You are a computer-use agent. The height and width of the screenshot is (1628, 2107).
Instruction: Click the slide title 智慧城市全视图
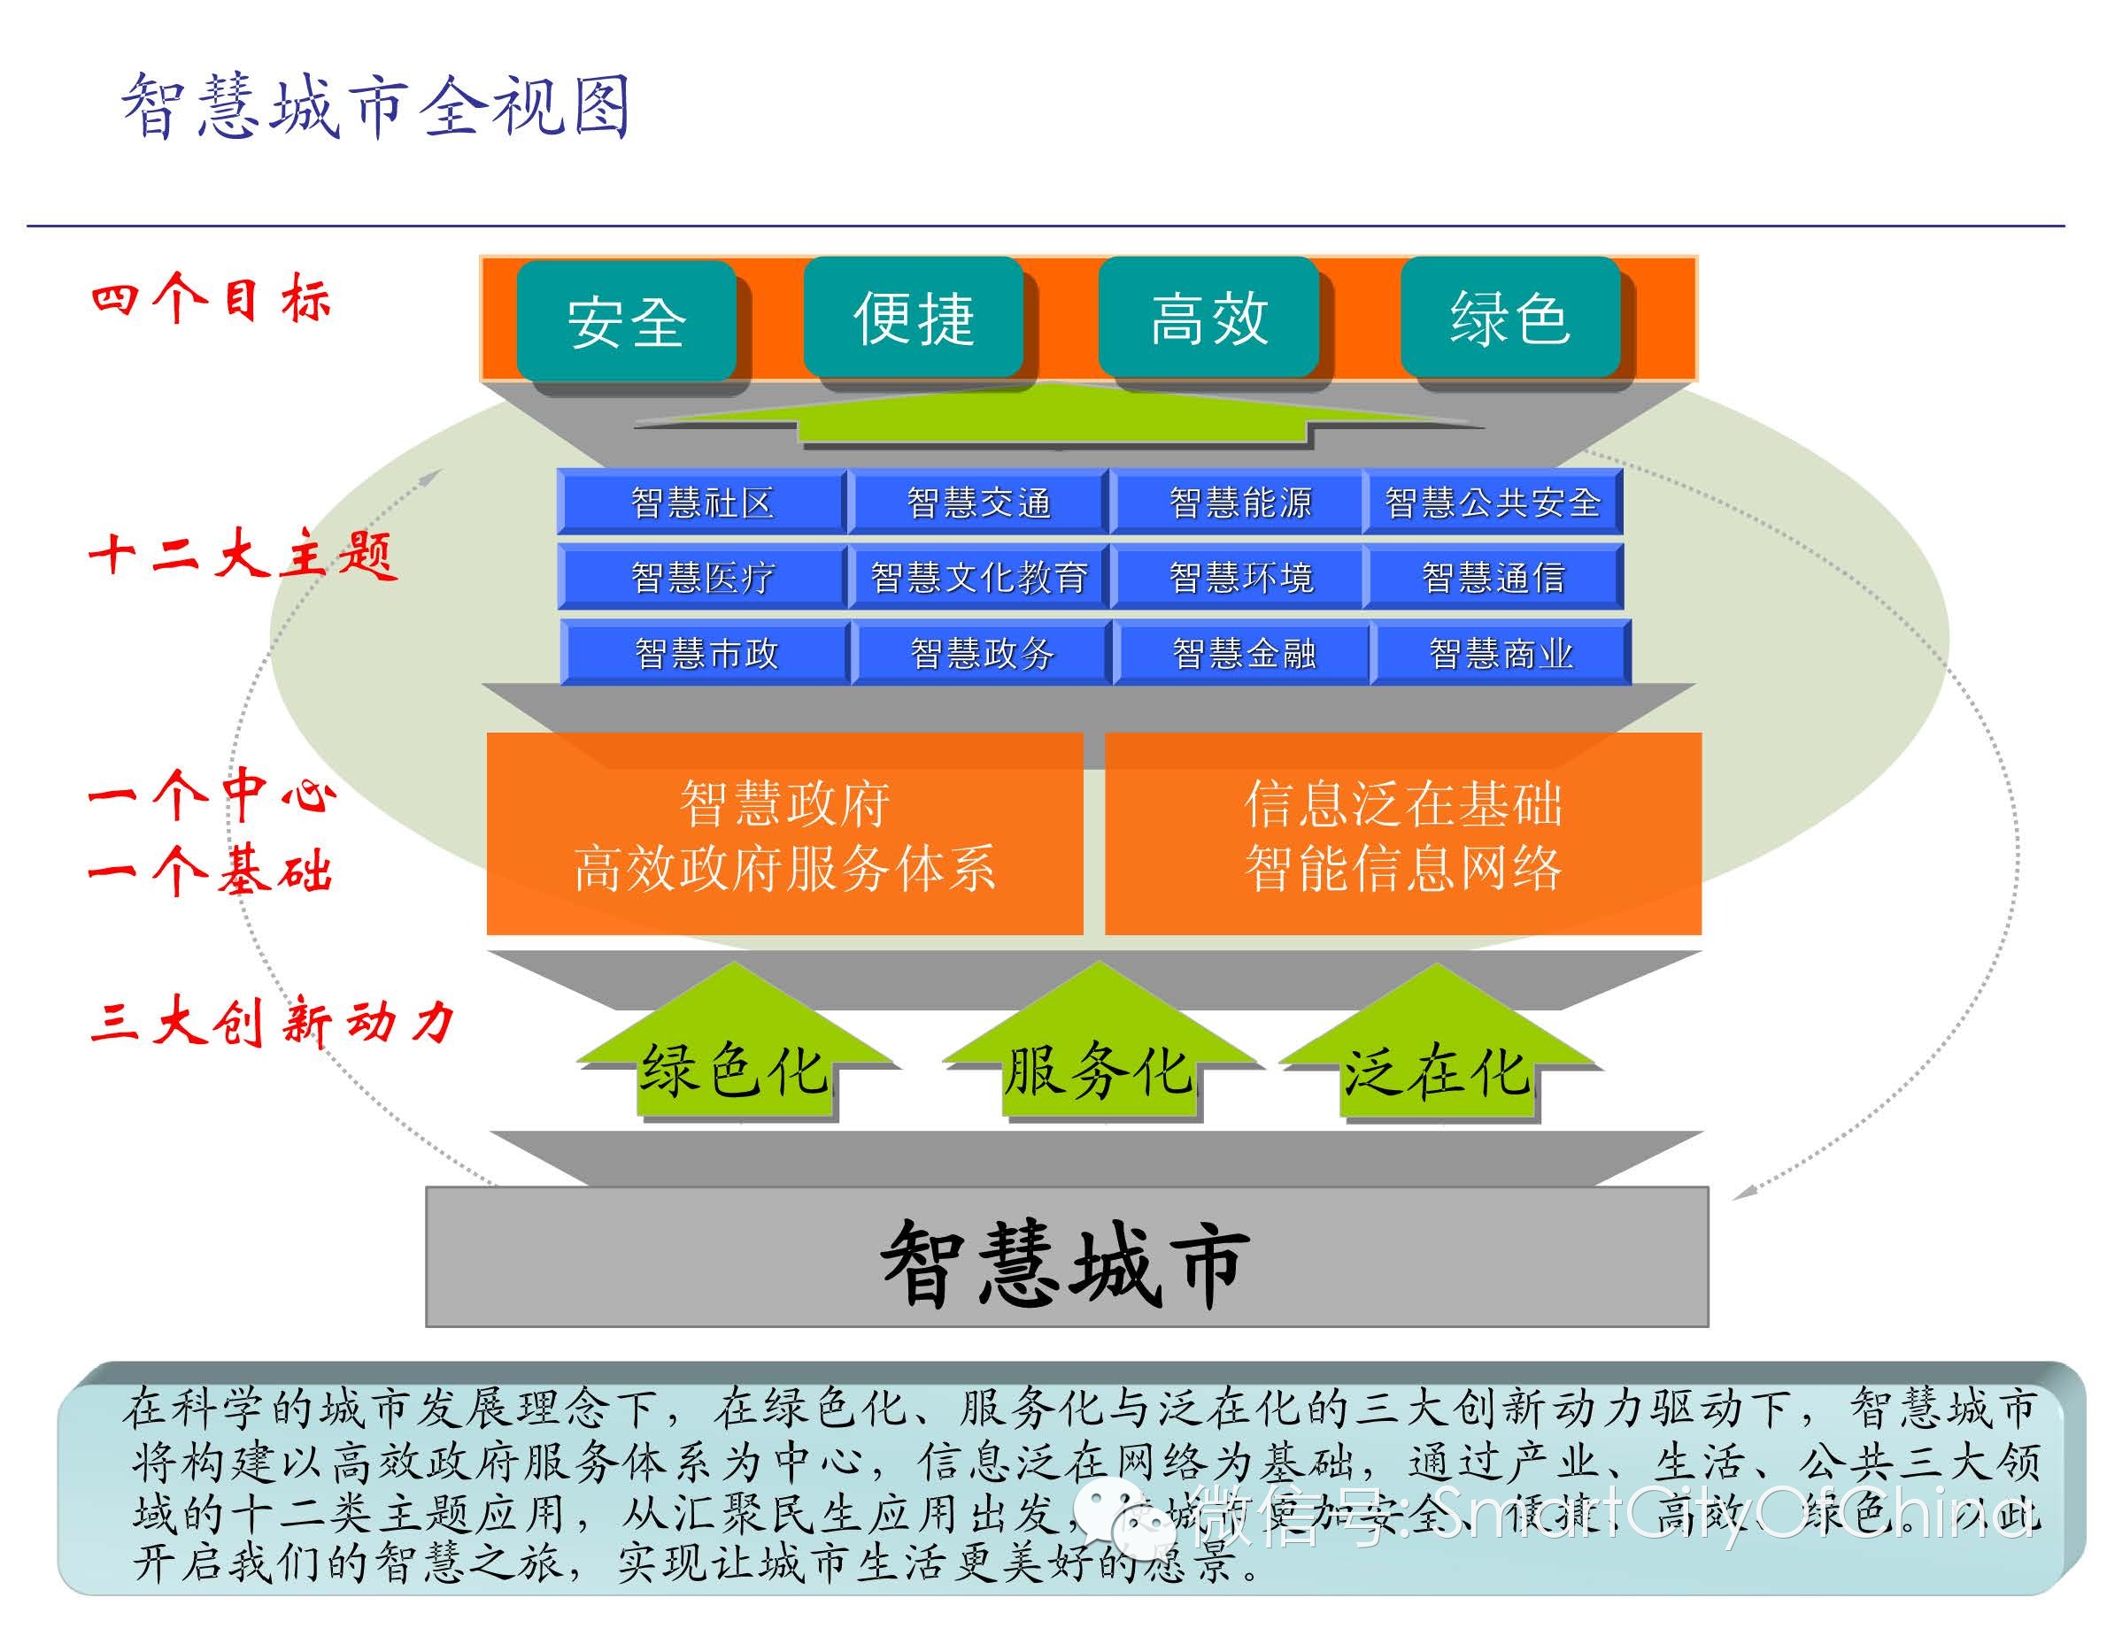coord(376,106)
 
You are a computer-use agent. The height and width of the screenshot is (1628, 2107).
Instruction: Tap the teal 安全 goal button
coord(626,320)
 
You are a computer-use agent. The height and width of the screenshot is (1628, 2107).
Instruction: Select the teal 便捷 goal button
coord(914,318)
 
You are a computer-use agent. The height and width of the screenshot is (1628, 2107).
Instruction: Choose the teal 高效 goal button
coord(1208,318)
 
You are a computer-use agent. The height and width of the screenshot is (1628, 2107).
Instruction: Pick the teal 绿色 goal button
coord(1509,318)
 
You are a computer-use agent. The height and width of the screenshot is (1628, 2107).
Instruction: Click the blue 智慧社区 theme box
coord(701,503)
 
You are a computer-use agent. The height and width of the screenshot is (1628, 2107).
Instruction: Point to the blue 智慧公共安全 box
coord(1493,503)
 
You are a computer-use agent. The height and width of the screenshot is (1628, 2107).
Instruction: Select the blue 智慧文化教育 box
coord(978,577)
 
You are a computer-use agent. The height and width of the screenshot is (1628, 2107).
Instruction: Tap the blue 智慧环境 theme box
coord(1240,577)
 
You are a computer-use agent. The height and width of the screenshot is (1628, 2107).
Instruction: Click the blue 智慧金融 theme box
coord(1244,653)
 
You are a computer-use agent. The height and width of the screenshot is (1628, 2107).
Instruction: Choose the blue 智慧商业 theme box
coord(1501,653)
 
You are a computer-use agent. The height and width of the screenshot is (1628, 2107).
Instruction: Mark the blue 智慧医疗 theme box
coord(701,577)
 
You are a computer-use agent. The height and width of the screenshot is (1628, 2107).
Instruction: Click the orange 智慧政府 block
coord(784,834)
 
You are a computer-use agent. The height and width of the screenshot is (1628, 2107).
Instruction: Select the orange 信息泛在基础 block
coord(1402,834)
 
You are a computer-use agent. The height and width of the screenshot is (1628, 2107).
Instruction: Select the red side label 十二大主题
coord(241,556)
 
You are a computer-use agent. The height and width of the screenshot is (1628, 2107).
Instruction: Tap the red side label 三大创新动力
coord(271,1020)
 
